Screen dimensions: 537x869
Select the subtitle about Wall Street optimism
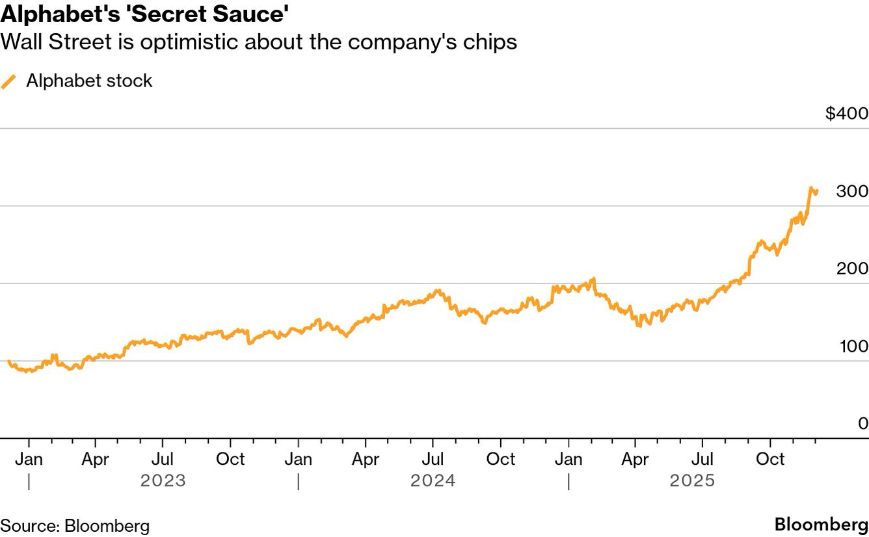(x=259, y=42)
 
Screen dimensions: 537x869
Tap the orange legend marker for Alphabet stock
(x=9, y=81)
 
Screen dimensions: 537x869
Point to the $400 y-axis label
(x=846, y=114)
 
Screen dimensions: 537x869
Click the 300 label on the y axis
(x=852, y=192)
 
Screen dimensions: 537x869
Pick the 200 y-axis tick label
(x=852, y=268)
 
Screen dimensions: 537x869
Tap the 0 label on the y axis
(x=862, y=424)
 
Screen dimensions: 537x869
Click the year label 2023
(x=163, y=481)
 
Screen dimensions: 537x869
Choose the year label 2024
(x=433, y=481)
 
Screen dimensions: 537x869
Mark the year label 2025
(x=693, y=481)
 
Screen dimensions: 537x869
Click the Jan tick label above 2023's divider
(x=29, y=459)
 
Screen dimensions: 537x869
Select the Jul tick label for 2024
(x=433, y=459)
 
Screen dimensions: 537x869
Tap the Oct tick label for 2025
(x=770, y=459)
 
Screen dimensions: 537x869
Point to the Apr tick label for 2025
(x=635, y=459)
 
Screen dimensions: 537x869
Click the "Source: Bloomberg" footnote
(x=75, y=526)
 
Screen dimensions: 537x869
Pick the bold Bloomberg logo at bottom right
(x=821, y=525)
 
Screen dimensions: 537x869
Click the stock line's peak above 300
(x=811, y=188)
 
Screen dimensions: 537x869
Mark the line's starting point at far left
(x=8, y=361)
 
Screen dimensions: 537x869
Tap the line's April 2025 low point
(x=639, y=325)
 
